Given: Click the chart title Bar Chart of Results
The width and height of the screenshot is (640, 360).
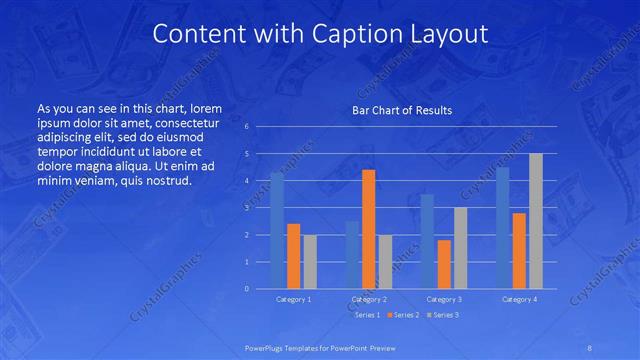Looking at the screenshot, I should coord(401,109).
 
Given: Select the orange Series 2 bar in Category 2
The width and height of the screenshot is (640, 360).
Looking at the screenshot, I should coord(368,229).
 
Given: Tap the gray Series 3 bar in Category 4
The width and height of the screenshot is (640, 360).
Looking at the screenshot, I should coord(535,221).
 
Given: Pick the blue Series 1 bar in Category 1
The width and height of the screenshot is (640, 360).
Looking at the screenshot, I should coord(277,230).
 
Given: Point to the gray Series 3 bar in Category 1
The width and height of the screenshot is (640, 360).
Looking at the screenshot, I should coord(309,261).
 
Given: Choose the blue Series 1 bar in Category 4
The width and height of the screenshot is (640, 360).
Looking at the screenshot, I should coord(502,227).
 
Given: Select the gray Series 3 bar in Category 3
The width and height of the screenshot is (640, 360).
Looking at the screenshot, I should coord(460,248).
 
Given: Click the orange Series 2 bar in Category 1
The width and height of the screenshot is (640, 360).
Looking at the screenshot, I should coord(293,256).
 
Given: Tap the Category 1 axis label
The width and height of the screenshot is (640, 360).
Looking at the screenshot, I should coord(293,299).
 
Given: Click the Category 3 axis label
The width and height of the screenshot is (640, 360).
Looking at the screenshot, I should coord(443,299).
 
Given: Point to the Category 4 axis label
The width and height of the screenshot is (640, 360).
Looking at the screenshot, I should coord(518,299).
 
